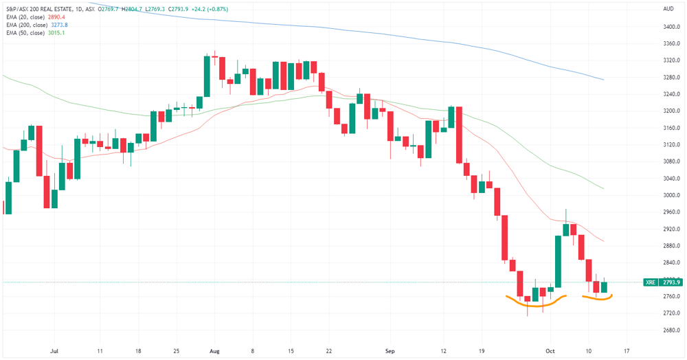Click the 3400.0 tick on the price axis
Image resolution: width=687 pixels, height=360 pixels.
pos(671,27)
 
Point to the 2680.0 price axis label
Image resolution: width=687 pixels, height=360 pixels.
pos(671,330)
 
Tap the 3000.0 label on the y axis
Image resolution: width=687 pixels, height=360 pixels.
pos(671,195)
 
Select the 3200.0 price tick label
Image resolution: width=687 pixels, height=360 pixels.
pos(671,111)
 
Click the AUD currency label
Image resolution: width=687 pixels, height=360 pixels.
pos(668,9)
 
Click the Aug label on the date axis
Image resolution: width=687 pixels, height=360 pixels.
pos(214,351)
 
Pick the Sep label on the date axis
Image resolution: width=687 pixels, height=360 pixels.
pos(390,351)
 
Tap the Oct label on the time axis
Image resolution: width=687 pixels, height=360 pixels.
pos(550,351)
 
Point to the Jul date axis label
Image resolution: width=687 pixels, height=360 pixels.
pos(54,351)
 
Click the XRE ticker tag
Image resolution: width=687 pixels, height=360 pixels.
pos(651,282)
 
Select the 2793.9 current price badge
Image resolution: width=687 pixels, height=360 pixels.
pos(671,282)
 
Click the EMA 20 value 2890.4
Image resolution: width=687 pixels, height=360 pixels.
pos(56,17)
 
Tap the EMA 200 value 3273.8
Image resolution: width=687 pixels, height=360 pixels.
pos(59,25)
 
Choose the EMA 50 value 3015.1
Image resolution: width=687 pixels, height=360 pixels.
pos(56,33)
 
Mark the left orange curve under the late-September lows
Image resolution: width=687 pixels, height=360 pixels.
pos(536,305)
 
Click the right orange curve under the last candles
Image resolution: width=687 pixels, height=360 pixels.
pos(597,299)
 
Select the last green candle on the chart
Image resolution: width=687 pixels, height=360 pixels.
pos(604,287)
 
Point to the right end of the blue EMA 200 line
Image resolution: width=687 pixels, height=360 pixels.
pos(604,80)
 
